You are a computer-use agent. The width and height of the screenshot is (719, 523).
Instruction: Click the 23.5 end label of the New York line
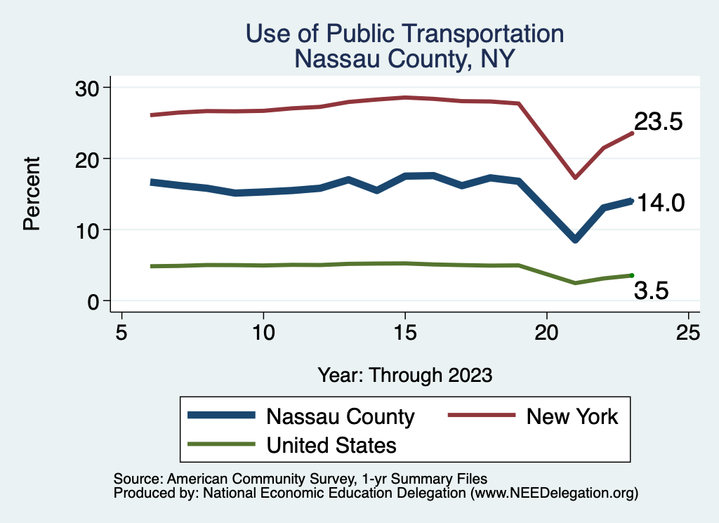(659, 122)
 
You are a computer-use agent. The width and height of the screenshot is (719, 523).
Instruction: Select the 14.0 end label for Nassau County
(659, 204)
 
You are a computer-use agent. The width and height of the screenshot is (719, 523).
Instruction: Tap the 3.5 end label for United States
(650, 291)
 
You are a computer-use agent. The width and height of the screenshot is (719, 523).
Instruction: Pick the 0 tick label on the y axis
(93, 302)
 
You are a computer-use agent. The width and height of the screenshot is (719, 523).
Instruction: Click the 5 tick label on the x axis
(121, 332)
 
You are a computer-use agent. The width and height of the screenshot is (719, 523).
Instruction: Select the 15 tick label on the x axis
(404, 332)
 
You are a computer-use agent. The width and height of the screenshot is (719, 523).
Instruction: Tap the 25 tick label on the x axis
(688, 332)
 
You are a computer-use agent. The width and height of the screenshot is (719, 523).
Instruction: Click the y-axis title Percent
(31, 194)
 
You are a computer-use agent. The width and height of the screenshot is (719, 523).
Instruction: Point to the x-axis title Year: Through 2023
(404, 374)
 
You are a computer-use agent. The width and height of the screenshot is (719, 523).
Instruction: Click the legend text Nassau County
(341, 416)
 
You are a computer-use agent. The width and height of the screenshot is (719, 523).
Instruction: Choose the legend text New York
(572, 416)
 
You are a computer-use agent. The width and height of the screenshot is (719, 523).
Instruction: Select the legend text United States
(331, 444)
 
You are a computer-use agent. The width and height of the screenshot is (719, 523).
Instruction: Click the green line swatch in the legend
(221, 444)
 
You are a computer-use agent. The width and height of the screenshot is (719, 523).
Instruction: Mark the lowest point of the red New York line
(575, 178)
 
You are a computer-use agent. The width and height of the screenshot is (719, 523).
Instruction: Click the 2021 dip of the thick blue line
(575, 239)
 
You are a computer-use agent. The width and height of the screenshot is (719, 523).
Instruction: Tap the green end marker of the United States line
(632, 275)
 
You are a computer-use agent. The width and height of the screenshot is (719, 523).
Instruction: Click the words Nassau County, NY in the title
(405, 59)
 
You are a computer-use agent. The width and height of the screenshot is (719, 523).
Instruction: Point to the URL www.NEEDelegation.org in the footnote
(554, 494)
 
